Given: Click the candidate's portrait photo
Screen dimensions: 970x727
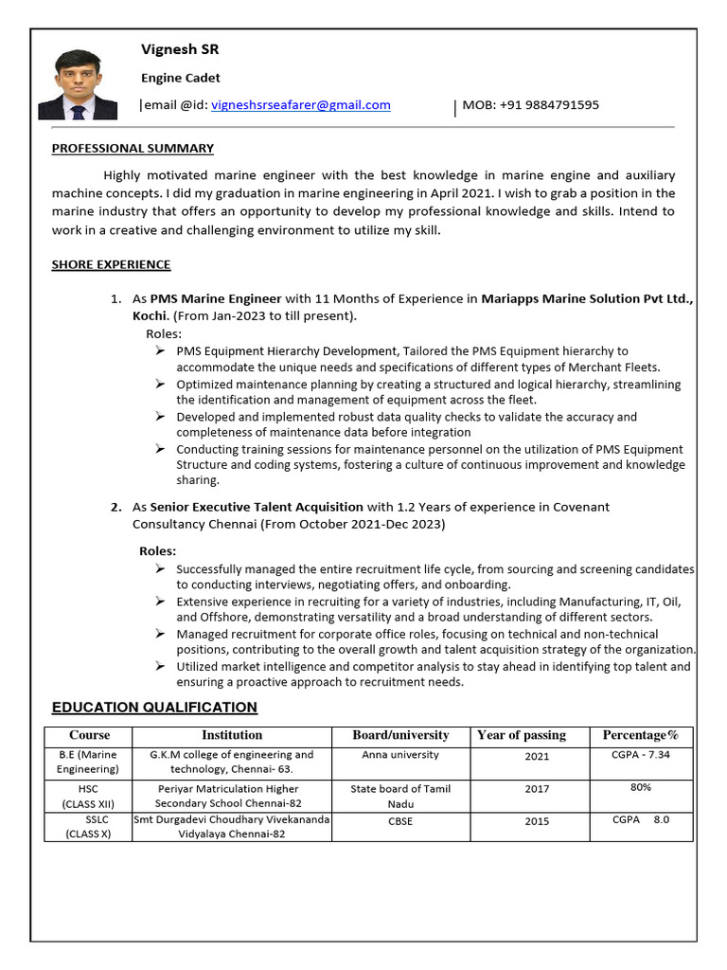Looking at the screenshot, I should pyautogui.click(x=78, y=84).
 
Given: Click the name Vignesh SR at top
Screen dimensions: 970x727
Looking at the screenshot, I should pyautogui.click(x=180, y=49).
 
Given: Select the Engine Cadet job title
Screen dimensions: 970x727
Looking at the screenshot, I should pyautogui.click(x=181, y=78).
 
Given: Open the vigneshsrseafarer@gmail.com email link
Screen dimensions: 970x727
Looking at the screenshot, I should pyautogui.click(x=301, y=105).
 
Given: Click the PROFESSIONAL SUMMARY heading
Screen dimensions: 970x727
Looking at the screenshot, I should pyautogui.click(x=133, y=148).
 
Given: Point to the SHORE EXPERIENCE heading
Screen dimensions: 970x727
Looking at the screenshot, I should pyautogui.click(x=111, y=264).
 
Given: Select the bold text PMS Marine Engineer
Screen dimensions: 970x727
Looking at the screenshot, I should pyautogui.click(x=216, y=298).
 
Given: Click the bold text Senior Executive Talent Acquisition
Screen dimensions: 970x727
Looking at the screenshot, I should pyautogui.click(x=257, y=507).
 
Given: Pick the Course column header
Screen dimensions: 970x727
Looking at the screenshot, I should pyautogui.click(x=89, y=735).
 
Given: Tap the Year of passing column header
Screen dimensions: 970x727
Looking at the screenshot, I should pyautogui.click(x=522, y=735).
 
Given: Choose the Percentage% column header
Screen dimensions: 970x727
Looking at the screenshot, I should pyautogui.click(x=641, y=735).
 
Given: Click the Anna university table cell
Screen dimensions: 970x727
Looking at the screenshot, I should pyautogui.click(x=400, y=755).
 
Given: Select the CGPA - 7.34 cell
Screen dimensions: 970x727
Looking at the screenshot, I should pyautogui.click(x=641, y=755).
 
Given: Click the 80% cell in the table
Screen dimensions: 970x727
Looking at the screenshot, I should pyautogui.click(x=640, y=787).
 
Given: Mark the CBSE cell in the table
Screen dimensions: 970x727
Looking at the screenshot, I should pyautogui.click(x=400, y=821).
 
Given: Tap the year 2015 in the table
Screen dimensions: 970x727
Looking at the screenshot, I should pyautogui.click(x=537, y=821).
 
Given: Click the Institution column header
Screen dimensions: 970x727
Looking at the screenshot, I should pyautogui.click(x=232, y=735).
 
